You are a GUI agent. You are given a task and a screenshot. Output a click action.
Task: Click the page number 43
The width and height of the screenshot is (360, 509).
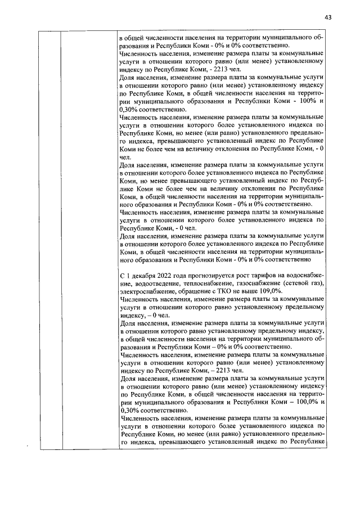click(x=328, y=16)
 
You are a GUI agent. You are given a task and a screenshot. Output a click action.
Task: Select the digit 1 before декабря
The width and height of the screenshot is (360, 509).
click(x=127, y=278)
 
